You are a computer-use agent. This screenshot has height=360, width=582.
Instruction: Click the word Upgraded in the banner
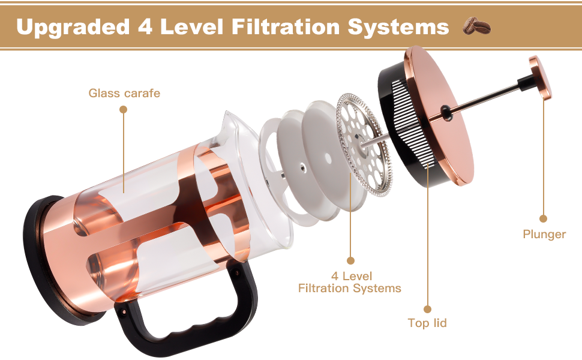point(73,28)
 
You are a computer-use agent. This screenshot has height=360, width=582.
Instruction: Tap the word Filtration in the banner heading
point(286,27)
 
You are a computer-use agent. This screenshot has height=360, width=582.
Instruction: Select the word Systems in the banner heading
point(398,28)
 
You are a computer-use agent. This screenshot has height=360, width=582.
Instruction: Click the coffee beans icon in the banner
point(476,26)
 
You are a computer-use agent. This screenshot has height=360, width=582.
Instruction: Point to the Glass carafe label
point(124,93)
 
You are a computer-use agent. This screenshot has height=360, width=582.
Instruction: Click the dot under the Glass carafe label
point(123,109)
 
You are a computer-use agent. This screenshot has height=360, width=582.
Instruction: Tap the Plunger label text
point(544,235)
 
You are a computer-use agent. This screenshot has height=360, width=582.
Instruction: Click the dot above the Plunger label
point(543,218)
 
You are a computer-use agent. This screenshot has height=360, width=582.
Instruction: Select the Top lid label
point(427,323)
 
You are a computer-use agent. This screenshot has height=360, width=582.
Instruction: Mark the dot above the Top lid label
point(428,309)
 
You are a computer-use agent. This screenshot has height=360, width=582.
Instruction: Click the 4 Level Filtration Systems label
point(350,282)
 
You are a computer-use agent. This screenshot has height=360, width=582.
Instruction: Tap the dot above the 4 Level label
point(350,260)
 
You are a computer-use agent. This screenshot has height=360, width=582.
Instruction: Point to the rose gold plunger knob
point(541,77)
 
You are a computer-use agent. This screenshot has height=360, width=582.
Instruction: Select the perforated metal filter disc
point(364,145)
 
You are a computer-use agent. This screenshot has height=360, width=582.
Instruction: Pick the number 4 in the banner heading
point(145,27)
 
